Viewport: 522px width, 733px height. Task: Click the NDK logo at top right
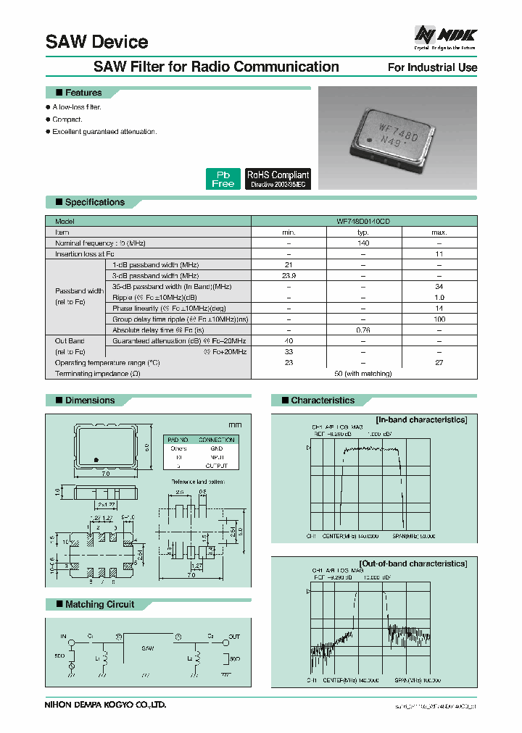pyautogui.click(x=444, y=34)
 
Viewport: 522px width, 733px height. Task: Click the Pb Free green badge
pyautogui.click(x=223, y=179)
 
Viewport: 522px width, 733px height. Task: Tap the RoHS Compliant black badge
pyautogui.click(x=278, y=179)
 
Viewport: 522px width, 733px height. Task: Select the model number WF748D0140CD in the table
pyautogui.click(x=363, y=221)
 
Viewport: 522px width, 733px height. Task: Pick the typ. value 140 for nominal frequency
pyautogui.click(x=363, y=243)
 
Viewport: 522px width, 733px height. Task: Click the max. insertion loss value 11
pyautogui.click(x=439, y=254)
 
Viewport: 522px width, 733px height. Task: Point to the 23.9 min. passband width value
pyautogui.click(x=289, y=276)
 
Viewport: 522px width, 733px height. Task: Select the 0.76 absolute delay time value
pyautogui.click(x=363, y=330)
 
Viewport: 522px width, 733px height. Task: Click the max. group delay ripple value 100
pyautogui.click(x=439, y=319)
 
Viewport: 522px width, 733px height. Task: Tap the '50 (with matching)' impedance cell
pyautogui.click(x=363, y=374)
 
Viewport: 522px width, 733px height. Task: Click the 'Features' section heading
pyautogui.click(x=83, y=93)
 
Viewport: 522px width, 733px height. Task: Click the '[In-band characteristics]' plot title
pyautogui.click(x=420, y=419)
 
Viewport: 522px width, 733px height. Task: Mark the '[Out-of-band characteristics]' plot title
pyautogui.click(x=413, y=563)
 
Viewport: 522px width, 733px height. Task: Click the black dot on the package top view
pyautogui.click(x=96, y=460)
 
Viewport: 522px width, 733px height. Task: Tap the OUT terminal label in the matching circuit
pyautogui.click(x=233, y=637)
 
